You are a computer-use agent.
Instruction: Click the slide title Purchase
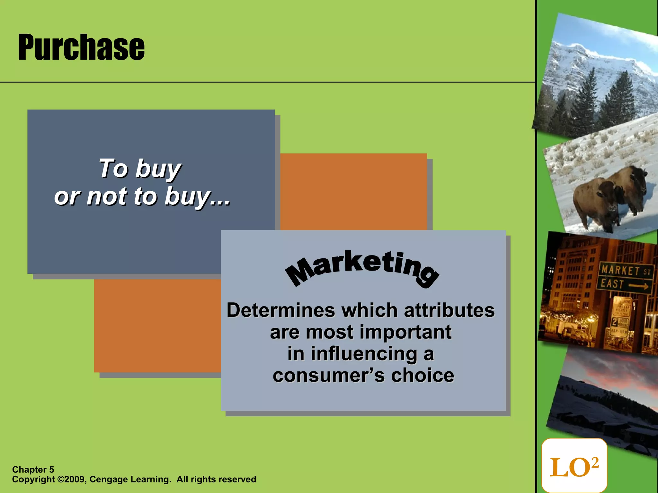[x=81, y=48]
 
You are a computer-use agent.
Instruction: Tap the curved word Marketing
[x=362, y=268]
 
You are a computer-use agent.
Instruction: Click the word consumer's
[x=328, y=375]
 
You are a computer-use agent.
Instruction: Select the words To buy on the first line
[x=140, y=169]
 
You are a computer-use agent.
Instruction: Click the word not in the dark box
[x=106, y=196]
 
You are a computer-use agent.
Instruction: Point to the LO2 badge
[x=574, y=466]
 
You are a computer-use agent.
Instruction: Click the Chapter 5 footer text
[x=33, y=470]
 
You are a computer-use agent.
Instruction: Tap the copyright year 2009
[x=75, y=480]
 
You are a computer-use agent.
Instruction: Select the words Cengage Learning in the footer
[x=130, y=480]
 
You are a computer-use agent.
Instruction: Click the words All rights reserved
[x=216, y=480]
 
